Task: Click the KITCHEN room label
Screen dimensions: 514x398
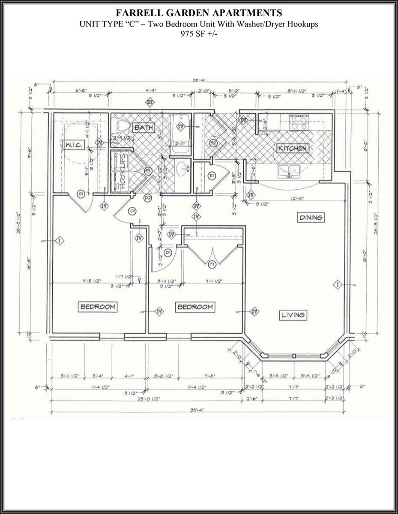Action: pyautogui.click(x=293, y=149)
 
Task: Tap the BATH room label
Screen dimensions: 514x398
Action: pyautogui.click(x=143, y=128)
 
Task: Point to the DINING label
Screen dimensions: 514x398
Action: pyautogui.click(x=311, y=218)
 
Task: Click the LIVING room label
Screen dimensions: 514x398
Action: pyautogui.click(x=293, y=315)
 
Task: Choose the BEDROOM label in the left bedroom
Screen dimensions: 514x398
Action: pyautogui.click(x=98, y=307)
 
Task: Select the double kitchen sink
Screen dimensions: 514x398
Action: pyautogui.click(x=289, y=172)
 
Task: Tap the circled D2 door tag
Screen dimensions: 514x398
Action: pyautogui.click(x=148, y=198)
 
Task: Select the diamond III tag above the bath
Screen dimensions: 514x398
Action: pyautogui.click(x=150, y=102)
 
